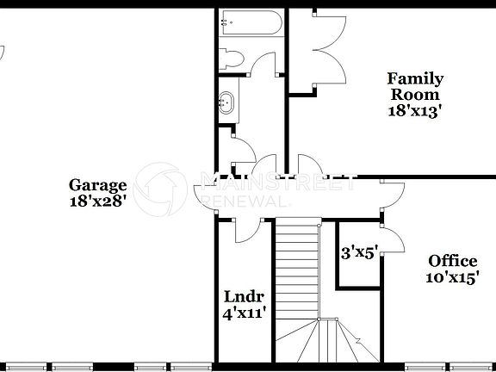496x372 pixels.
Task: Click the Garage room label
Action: coord(98,185)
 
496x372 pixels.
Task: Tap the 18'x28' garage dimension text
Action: coord(98,201)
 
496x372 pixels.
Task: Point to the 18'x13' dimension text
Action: coord(415,110)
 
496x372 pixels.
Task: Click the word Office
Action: coord(453,261)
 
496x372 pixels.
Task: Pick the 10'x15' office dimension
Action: coord(453,276)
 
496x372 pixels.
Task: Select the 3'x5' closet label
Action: coord(360,253)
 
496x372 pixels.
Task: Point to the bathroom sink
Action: coord(226,101)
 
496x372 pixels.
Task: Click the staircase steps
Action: coord(297,267)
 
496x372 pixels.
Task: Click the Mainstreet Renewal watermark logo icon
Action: coord(164,185)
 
